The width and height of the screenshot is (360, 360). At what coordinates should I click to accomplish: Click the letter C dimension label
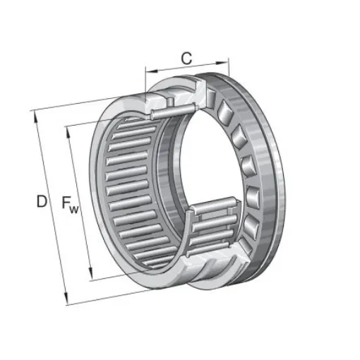click(186, 58)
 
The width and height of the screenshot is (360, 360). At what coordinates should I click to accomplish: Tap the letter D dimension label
click(42, 202)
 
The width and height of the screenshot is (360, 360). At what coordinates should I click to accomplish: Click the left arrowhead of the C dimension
click(149, 70)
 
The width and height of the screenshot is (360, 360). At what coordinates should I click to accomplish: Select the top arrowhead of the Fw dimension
click(68, 130)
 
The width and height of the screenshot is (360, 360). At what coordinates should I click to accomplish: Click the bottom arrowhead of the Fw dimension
click(91, 277)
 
